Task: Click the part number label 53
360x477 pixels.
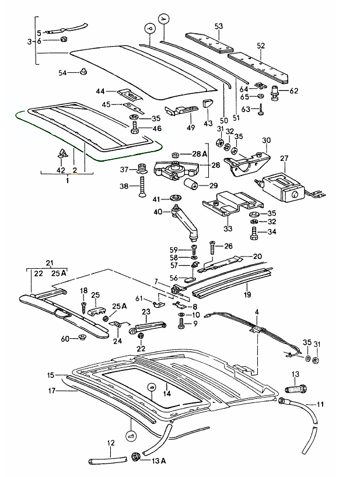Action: pyautogui.click(x=219, y=26)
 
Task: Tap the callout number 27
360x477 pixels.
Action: pyautogui.click(x=285, y=158)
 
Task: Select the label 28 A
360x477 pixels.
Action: pyautogui.click(x=200, y=153)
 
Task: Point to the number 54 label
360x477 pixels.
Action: pyautogui.click(x=62, y=72)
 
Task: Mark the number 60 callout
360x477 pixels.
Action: pyautogui.click(x=65, y=339)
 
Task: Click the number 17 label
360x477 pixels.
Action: pyautogui.click(x=51, y=391)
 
